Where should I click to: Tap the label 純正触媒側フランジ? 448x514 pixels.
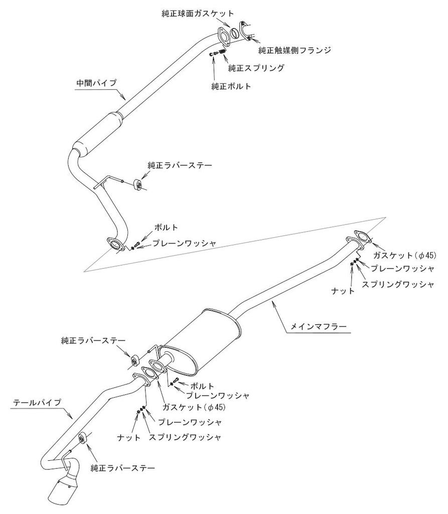[x=295, y=51]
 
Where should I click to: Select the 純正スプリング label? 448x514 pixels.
[x=256, y=67]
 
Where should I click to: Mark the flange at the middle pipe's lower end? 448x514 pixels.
[x=116, y=245]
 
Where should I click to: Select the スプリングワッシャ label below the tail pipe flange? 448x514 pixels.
[x=185, y=437]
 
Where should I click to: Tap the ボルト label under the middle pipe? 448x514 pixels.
[x=167, y=227]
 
